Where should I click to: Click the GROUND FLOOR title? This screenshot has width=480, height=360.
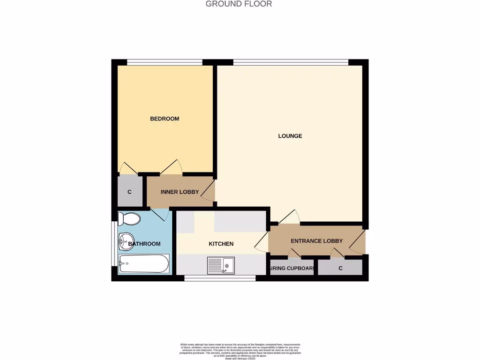(239, 4)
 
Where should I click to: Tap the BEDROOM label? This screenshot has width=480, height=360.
(165, 119)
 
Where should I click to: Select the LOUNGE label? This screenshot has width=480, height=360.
(290, 136)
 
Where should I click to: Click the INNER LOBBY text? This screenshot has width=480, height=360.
(180, 192)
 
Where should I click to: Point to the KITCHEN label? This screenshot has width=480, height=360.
(221, 244)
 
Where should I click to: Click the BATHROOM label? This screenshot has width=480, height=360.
(144, 244)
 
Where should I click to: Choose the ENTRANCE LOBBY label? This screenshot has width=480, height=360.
(316, 241)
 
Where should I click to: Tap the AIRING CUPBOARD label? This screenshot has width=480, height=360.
(291, 269)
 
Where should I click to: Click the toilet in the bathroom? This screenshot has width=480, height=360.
(129, 219)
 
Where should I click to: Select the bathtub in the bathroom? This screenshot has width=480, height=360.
(143, 264)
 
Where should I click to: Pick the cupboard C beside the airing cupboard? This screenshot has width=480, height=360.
(340, 268)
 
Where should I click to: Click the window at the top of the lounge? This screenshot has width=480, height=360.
(291, 62)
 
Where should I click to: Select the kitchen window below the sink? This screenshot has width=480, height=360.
(220, 278)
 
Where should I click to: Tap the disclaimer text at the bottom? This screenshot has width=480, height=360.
(240, 351)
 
